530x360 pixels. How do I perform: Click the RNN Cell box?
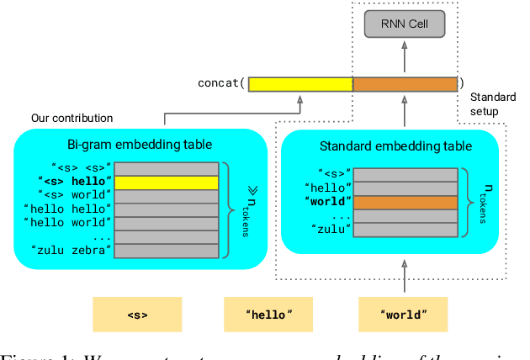(405, 24)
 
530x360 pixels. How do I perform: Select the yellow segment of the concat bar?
(299, 83)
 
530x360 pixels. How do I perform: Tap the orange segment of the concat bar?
(405, 83)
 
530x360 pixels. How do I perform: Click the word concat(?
(221, 83)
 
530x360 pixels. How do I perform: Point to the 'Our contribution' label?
(72, 118)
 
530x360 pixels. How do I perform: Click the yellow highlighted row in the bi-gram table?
(166, 181)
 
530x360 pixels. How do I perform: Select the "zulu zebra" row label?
(71, 249)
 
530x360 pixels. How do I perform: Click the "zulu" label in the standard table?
(332, 229)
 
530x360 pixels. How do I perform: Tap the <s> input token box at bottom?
(137, 315)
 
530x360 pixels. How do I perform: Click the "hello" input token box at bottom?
(268, 315)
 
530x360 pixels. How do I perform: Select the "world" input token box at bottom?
(405, 315)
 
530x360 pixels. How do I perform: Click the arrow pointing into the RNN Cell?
(405, 56)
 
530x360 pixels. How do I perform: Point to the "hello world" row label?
(67, 222)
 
